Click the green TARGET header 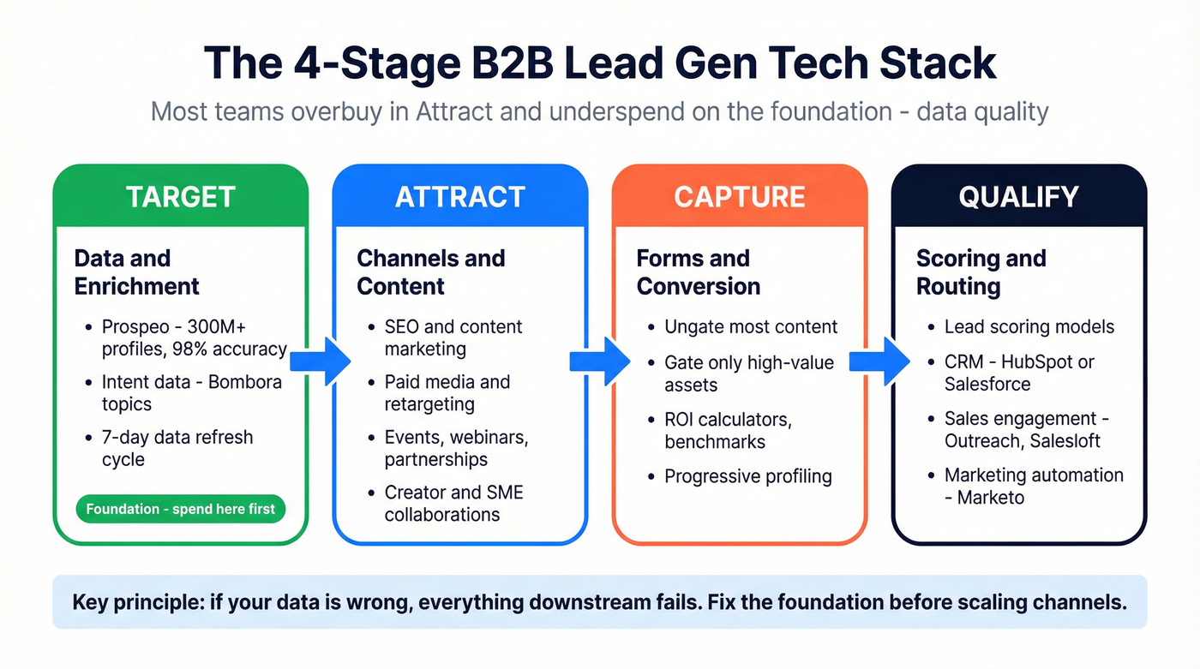(180, 197)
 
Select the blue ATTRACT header (459, 197)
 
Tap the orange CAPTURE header (739, 197)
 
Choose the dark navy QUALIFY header (1018, 197)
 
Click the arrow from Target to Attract (319, 361)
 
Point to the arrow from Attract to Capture (599, 361)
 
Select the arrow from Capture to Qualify (879, 361)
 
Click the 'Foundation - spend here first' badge (180, 509)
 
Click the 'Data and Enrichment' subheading (136, 272)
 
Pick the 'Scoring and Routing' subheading (981, 272)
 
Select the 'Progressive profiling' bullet (747, 475)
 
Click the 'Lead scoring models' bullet (1029, 326)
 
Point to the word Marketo (991, 498)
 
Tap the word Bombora (244, 381)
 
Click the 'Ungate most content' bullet (751, 326)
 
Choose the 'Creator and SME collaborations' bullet (453, 504)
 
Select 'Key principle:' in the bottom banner (132, 601)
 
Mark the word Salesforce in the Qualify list (987, 385)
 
